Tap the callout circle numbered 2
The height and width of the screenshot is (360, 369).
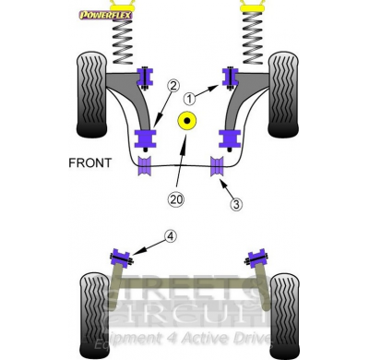coord(173,87)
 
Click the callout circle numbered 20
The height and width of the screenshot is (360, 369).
coord(176,198)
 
